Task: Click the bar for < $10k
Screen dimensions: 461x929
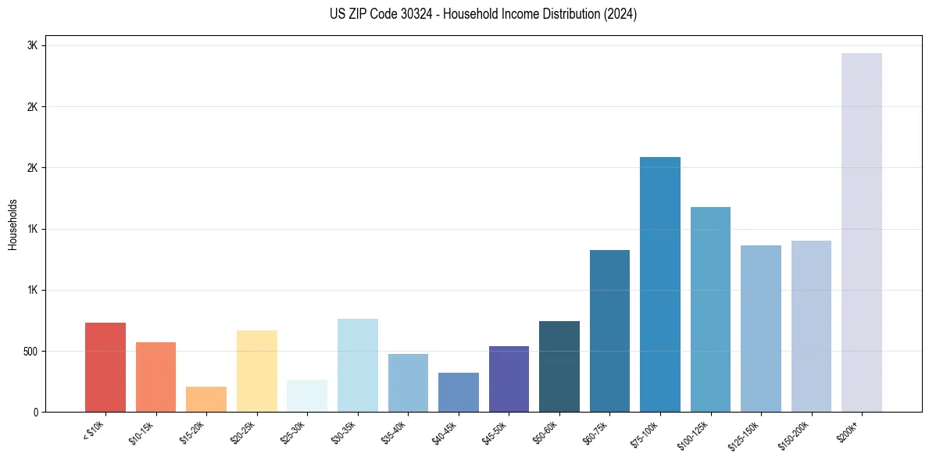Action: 105,367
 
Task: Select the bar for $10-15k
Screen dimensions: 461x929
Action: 155,377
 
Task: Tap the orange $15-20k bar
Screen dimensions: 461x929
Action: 206,399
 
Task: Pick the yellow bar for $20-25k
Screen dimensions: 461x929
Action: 257,371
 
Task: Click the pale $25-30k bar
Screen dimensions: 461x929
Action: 307,396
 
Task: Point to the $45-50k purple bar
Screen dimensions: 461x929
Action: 509,379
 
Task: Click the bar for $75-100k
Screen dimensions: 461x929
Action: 660,284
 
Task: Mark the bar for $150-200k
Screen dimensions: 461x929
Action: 811,326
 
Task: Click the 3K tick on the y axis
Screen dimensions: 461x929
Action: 32,45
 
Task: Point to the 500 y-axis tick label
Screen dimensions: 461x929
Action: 30,351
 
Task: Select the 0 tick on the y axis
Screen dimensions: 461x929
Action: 35,412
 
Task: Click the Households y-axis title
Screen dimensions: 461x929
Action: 13,224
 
